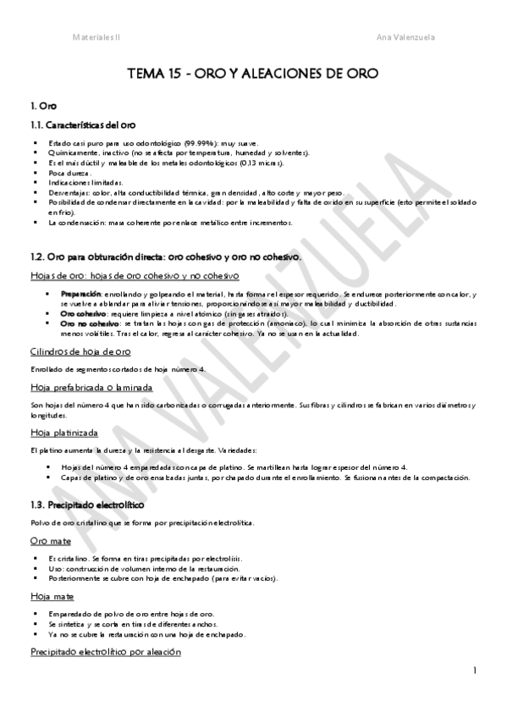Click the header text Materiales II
[x=96, y=36]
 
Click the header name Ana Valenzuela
[x=405, y=36]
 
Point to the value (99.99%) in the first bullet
[x=196, y=142]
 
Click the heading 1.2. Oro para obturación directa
[x=169, y=256]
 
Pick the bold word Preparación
[x=81, y=293]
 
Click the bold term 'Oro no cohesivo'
[x=90, y=323]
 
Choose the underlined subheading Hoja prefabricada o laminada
[x=91, y=387]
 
